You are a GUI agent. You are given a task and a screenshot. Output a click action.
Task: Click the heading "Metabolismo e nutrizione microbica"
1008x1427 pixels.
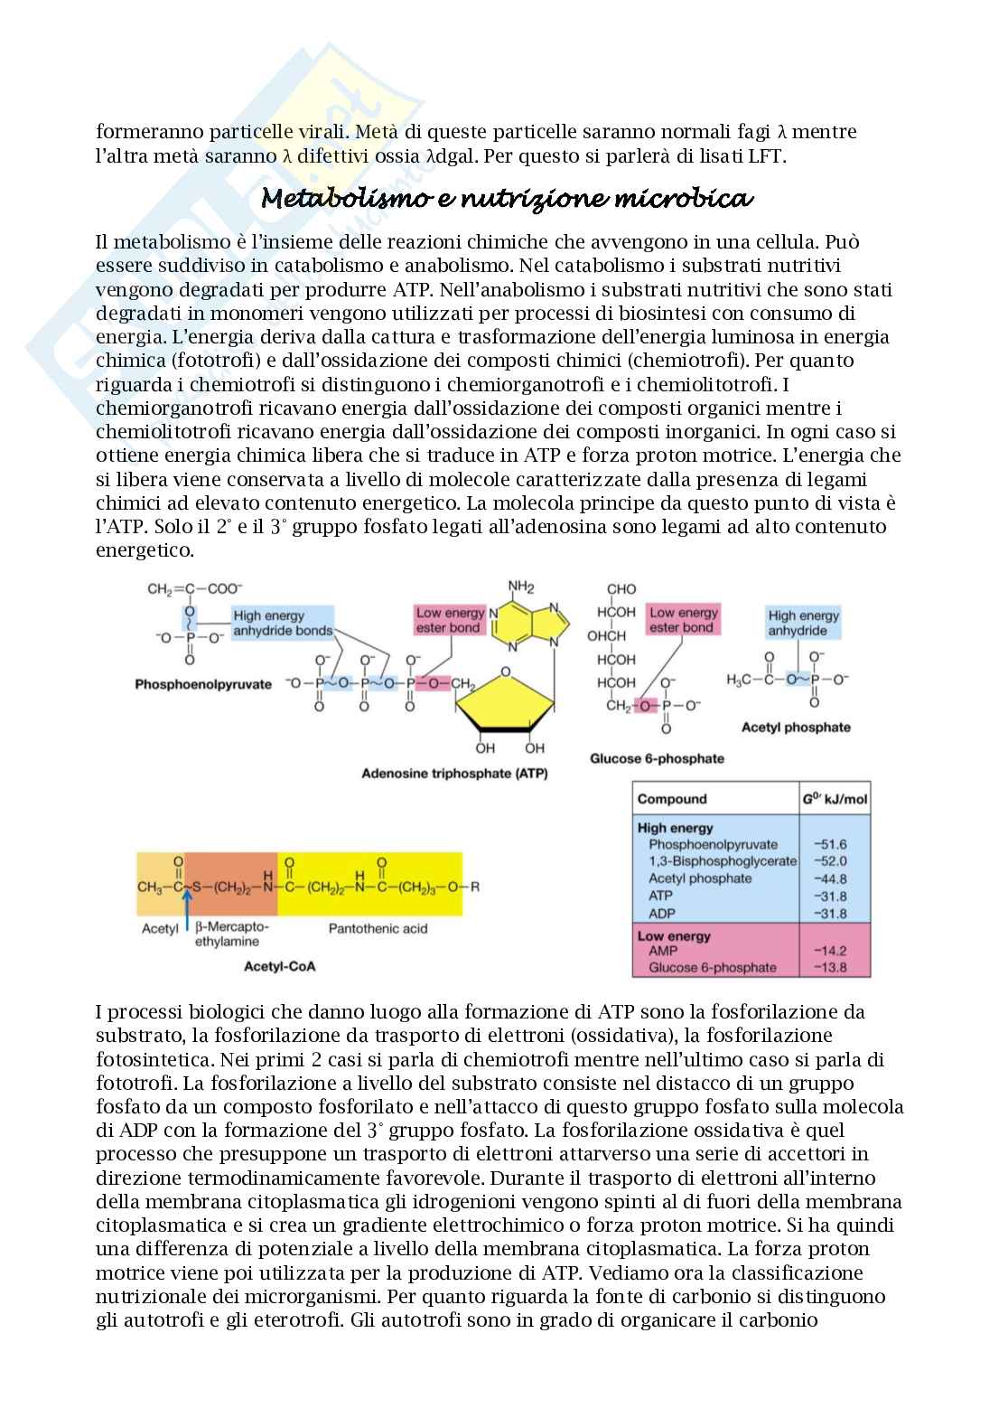[x=507, y=199]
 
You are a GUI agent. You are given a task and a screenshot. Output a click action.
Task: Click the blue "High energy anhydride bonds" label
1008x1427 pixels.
[x=282, y=623]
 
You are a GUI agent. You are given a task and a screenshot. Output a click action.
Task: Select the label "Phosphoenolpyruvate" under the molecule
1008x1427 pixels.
[x=203, y=684]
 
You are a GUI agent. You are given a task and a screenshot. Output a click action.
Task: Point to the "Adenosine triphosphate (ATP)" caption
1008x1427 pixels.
[x=454, y=774]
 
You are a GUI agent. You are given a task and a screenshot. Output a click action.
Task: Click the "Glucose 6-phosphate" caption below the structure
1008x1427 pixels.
[x=657, y=758]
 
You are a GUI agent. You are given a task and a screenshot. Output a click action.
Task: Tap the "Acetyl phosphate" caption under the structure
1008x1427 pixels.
[x=796, y=727]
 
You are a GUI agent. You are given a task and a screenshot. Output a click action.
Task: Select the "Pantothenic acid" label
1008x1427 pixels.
[x=378, y=928]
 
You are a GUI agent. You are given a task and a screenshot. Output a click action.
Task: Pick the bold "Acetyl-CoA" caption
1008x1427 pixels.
[x=280, y=966]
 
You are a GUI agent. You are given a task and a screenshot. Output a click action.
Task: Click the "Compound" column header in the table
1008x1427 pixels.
[x=672, y=799]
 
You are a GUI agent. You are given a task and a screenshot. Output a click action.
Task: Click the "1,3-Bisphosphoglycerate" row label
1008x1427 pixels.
[x=723, y=861]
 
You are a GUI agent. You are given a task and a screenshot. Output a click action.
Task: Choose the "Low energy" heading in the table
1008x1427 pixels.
[x=674, y=936]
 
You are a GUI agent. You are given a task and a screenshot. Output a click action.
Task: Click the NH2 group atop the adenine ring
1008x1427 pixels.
[x=521, y=587]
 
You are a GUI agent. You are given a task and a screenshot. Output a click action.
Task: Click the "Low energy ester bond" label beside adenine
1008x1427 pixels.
[x=450, y=620]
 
